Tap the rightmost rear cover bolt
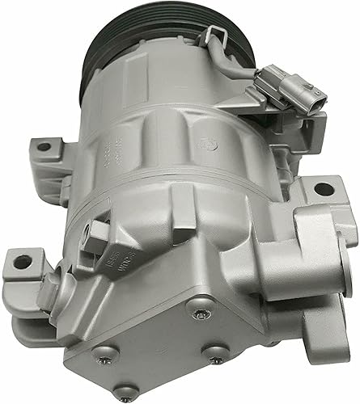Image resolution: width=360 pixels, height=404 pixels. click(217, 352)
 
